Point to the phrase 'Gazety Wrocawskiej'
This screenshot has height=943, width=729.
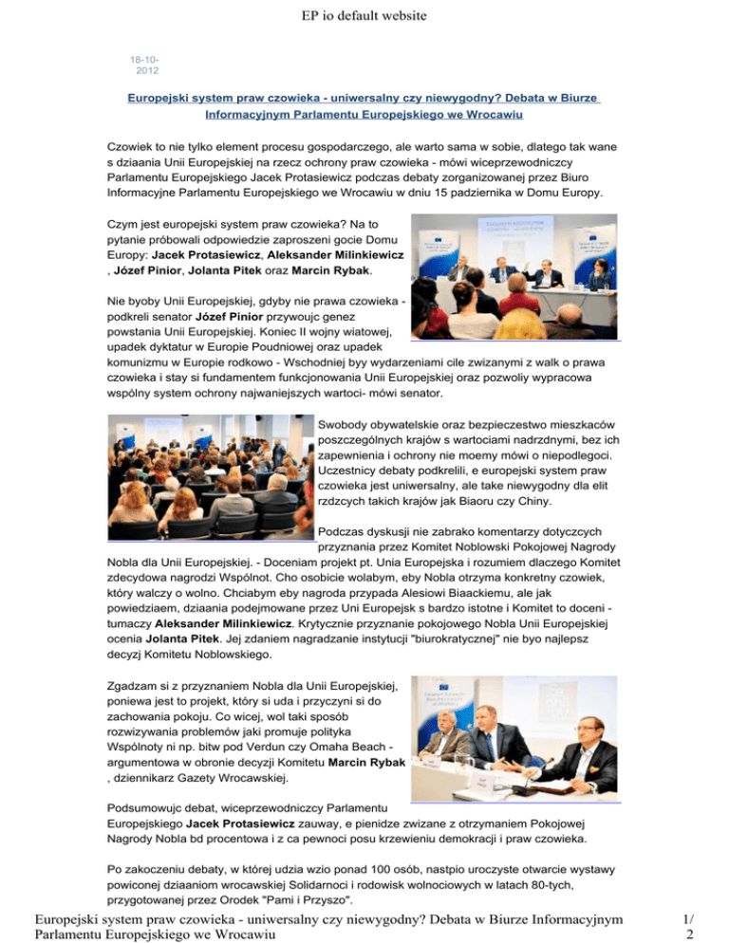236,782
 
